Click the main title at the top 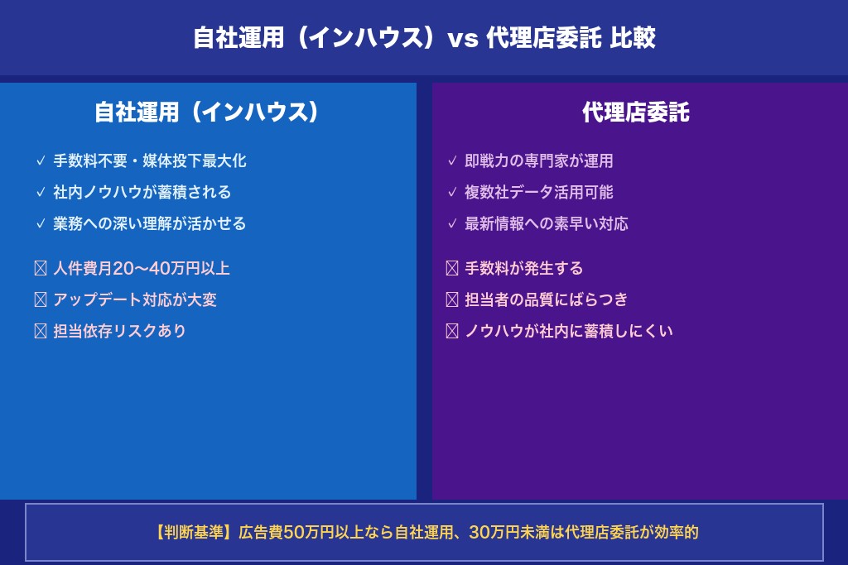(x=424, y=38)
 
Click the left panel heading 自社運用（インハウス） (x=207, y=113)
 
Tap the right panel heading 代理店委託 (x=635, y=113)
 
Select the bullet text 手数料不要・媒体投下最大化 (x=150, y=161)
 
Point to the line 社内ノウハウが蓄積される (x=142, y=192)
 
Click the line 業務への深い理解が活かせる (x=150, y=223)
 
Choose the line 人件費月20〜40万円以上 (x=142, y=268)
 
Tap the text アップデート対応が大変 (x=135, y=299)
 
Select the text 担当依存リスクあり (x=120, y=331)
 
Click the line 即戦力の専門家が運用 (x=539, y=161)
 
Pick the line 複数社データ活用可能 (x=539, y=192)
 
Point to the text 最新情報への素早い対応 (x=547, y=223)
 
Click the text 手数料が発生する (x=524, y=268)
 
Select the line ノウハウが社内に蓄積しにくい (x=569, y=331)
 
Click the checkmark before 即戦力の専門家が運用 (x=452, y=161)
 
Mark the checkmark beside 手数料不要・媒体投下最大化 (x=41, y=161)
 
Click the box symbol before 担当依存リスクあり (x=41, y=331)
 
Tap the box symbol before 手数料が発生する (x=452, y=268)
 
